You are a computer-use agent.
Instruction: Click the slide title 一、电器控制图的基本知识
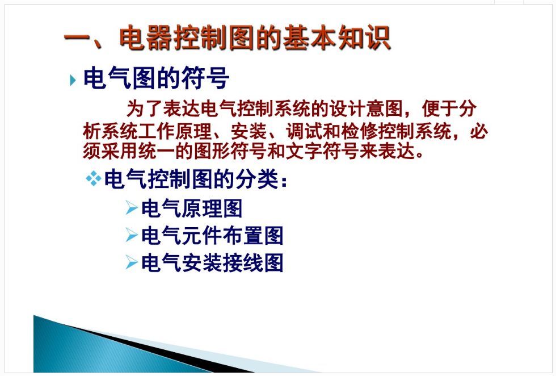pyautogui.click(x=228, y=37)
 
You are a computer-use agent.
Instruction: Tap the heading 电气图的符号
pyautogui.click(x=156, y=78)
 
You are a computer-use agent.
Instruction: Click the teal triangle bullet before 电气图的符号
pyautogui.click(x=73, y=80)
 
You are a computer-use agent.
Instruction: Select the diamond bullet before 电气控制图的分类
pyautogui.click(x=94, y=178)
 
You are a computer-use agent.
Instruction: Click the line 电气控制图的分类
pyautogui.click(x=195, y=179)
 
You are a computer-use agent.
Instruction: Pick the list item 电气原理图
pyautogui.click(x=192, y=208)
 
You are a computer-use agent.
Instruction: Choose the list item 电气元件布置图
pyautogui.click(x=212, y=235)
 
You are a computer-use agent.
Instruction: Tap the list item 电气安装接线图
pyautogui.click(x=212, y=263)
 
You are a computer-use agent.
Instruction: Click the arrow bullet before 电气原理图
pyautogui.click(x=132, y=208)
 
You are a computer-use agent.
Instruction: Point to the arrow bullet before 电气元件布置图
pyautogui.click(x=132, y=235)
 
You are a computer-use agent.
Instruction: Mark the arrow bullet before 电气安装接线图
pyautogui.click(x=132, y=262)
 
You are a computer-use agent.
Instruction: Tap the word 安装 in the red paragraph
pyautogui.click(x=249, y=132)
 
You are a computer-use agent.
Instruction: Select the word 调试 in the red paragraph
pyautogui.click(x=304, y=132)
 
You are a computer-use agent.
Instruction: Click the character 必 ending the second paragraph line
pyautogui.click(x=479, y=132)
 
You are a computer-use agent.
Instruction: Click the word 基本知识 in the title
pyautogui.click(x=337, y=37)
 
